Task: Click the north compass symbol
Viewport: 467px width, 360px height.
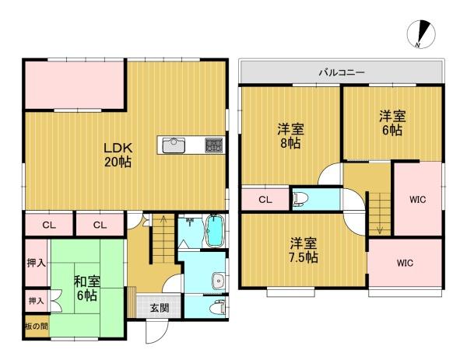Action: click(421, 34)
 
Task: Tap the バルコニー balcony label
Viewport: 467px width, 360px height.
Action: click(342, 72)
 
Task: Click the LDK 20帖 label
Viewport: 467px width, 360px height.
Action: click(118, 155)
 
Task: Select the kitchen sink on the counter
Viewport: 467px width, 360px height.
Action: click(174, 145)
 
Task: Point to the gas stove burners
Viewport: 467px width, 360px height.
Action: click(214, 145)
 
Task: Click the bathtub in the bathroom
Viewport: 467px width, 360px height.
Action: click(215, 231)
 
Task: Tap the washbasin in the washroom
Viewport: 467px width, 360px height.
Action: click(219, 281)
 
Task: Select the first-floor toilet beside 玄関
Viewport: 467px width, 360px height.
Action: click(217, 307)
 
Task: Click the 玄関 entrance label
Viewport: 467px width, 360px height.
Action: click(160, 308)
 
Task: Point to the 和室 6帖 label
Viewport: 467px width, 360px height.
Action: click(86, 288)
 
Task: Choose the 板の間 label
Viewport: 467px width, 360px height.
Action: click(37, 327)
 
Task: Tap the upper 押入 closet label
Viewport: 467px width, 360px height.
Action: click(37, 263)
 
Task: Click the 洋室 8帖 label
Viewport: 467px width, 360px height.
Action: click(290, 136)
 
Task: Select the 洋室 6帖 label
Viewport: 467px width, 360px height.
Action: click(392, 123)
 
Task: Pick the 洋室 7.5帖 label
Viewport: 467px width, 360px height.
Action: click(304, 250)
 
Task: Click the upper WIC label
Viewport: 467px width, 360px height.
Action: click(417, 200)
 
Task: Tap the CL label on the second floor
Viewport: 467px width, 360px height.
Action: click(265, 200)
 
